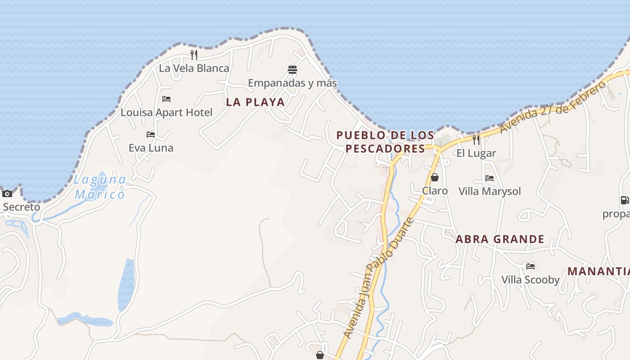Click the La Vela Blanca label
coord(194,68)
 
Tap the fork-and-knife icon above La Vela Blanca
coord(194,55)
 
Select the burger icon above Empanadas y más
coord(292,70)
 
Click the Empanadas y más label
coord(292,83)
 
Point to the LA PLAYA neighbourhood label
coord(255,102)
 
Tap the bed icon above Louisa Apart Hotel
coord(166,99)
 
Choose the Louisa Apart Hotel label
coord(166,112)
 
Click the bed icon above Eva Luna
coord(151,135)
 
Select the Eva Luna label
coord(151,148)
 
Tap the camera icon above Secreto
coord(7,194)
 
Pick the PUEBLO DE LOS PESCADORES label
coord(385,142)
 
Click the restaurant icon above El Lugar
coord(476,140)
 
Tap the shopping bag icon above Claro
coord(435,177)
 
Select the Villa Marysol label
coord(490,191)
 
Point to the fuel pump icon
coord(625,200)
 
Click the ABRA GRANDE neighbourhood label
coord(500,239)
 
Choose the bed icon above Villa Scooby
coord(531,266)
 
